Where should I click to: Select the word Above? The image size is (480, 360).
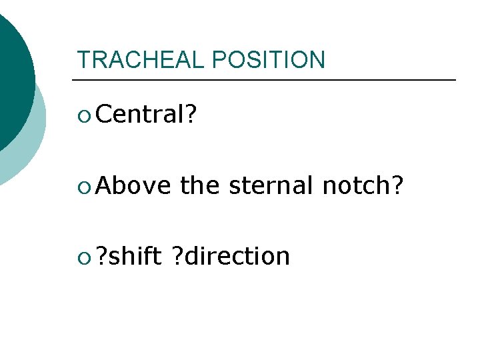133,185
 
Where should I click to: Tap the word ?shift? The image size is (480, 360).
129,255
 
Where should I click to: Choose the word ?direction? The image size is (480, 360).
231,255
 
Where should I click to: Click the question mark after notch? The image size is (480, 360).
397,185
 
